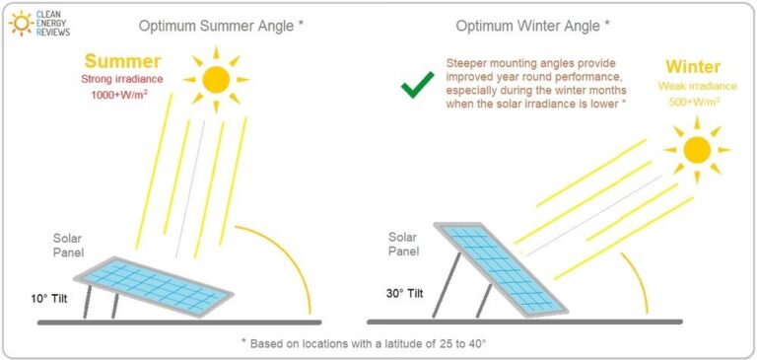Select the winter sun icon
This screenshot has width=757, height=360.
tap(696, 149)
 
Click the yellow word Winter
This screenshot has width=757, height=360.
tap(692, 68)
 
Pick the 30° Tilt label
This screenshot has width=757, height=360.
tap(405, 293)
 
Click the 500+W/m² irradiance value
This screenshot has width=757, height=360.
tap(693, 101)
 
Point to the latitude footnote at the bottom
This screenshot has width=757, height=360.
tap(378, 343)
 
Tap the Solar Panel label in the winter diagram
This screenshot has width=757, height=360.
tap(405, 244)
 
